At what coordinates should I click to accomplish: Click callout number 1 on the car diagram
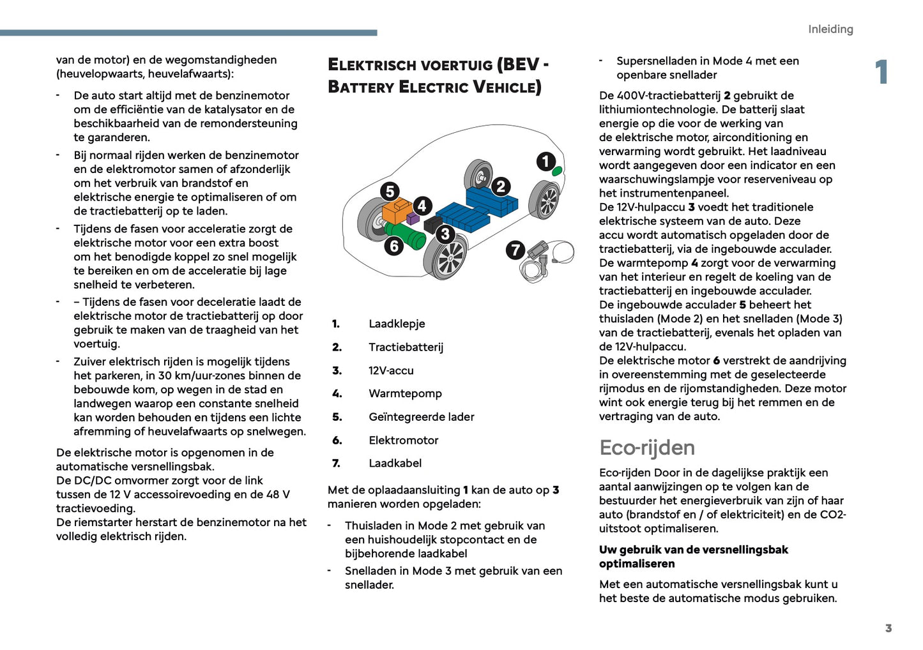(x=545, y=161)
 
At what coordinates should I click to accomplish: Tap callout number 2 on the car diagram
(x=501, y=186)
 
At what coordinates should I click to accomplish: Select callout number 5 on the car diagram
(x=390, y=191)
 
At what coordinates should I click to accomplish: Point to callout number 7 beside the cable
(x=515, y=250)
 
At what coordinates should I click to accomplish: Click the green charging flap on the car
(x=557, y=170)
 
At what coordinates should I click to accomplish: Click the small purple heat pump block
(x=413, y=218)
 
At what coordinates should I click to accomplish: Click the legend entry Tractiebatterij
(x=406, y=347)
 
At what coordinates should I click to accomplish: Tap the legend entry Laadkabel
(x=395, y=464)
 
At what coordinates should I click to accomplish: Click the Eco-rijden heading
(x=646, y=448)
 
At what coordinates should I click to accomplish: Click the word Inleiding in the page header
(x=830, y=29)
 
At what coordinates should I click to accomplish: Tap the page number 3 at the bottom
(x=888, y=628)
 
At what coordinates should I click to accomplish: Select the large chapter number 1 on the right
(x=881, y=72)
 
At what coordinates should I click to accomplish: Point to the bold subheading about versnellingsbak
(x=693, y=557)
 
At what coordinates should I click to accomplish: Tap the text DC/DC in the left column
(x=94, y=481)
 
